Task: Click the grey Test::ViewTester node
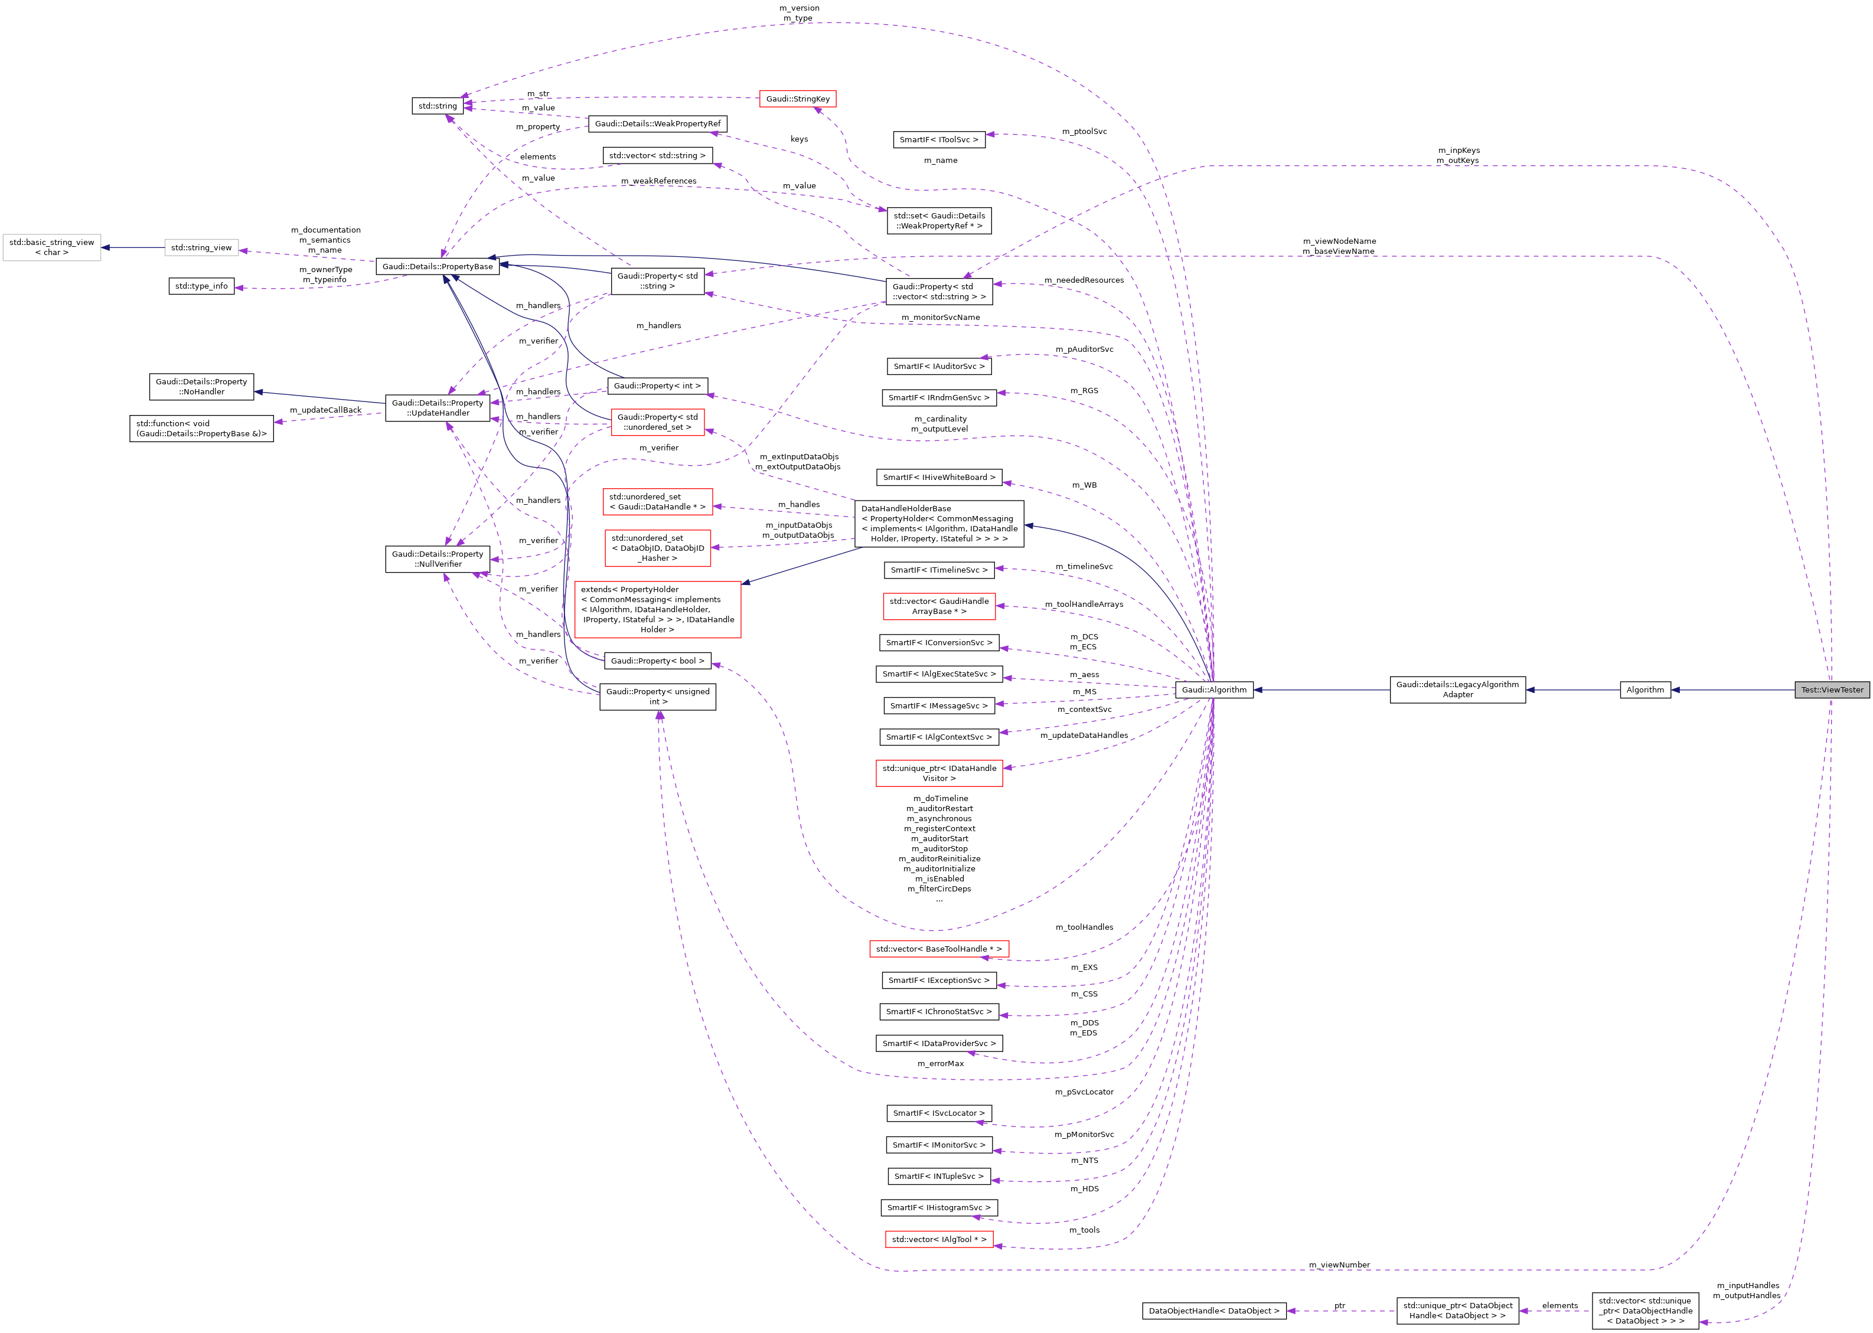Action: pos(1831,690)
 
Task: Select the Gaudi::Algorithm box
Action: pos(1213,690)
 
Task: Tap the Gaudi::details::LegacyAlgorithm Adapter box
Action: pos(1457,690)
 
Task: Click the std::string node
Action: pos(436,106)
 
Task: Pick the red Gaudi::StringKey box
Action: pos(797,99)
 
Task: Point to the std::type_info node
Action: pos(201,286)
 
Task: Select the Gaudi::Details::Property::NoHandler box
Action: pos(201,387)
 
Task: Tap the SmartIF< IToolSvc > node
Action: pos(938,139)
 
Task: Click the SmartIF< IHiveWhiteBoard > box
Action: pos(938,477)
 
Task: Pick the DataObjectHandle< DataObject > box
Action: pos(1213,1311)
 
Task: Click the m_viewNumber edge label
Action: pos(1339,1265)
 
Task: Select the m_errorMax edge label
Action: pos(940,1064)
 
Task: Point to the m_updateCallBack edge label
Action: pos(325,410)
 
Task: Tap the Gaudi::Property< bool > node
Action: pos(657,661)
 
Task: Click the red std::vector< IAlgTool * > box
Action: pos(938,1239)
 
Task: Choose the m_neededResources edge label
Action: pos(1084,280)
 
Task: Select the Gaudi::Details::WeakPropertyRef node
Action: pos(657,124)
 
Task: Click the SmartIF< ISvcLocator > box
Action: pos(938,1113)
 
